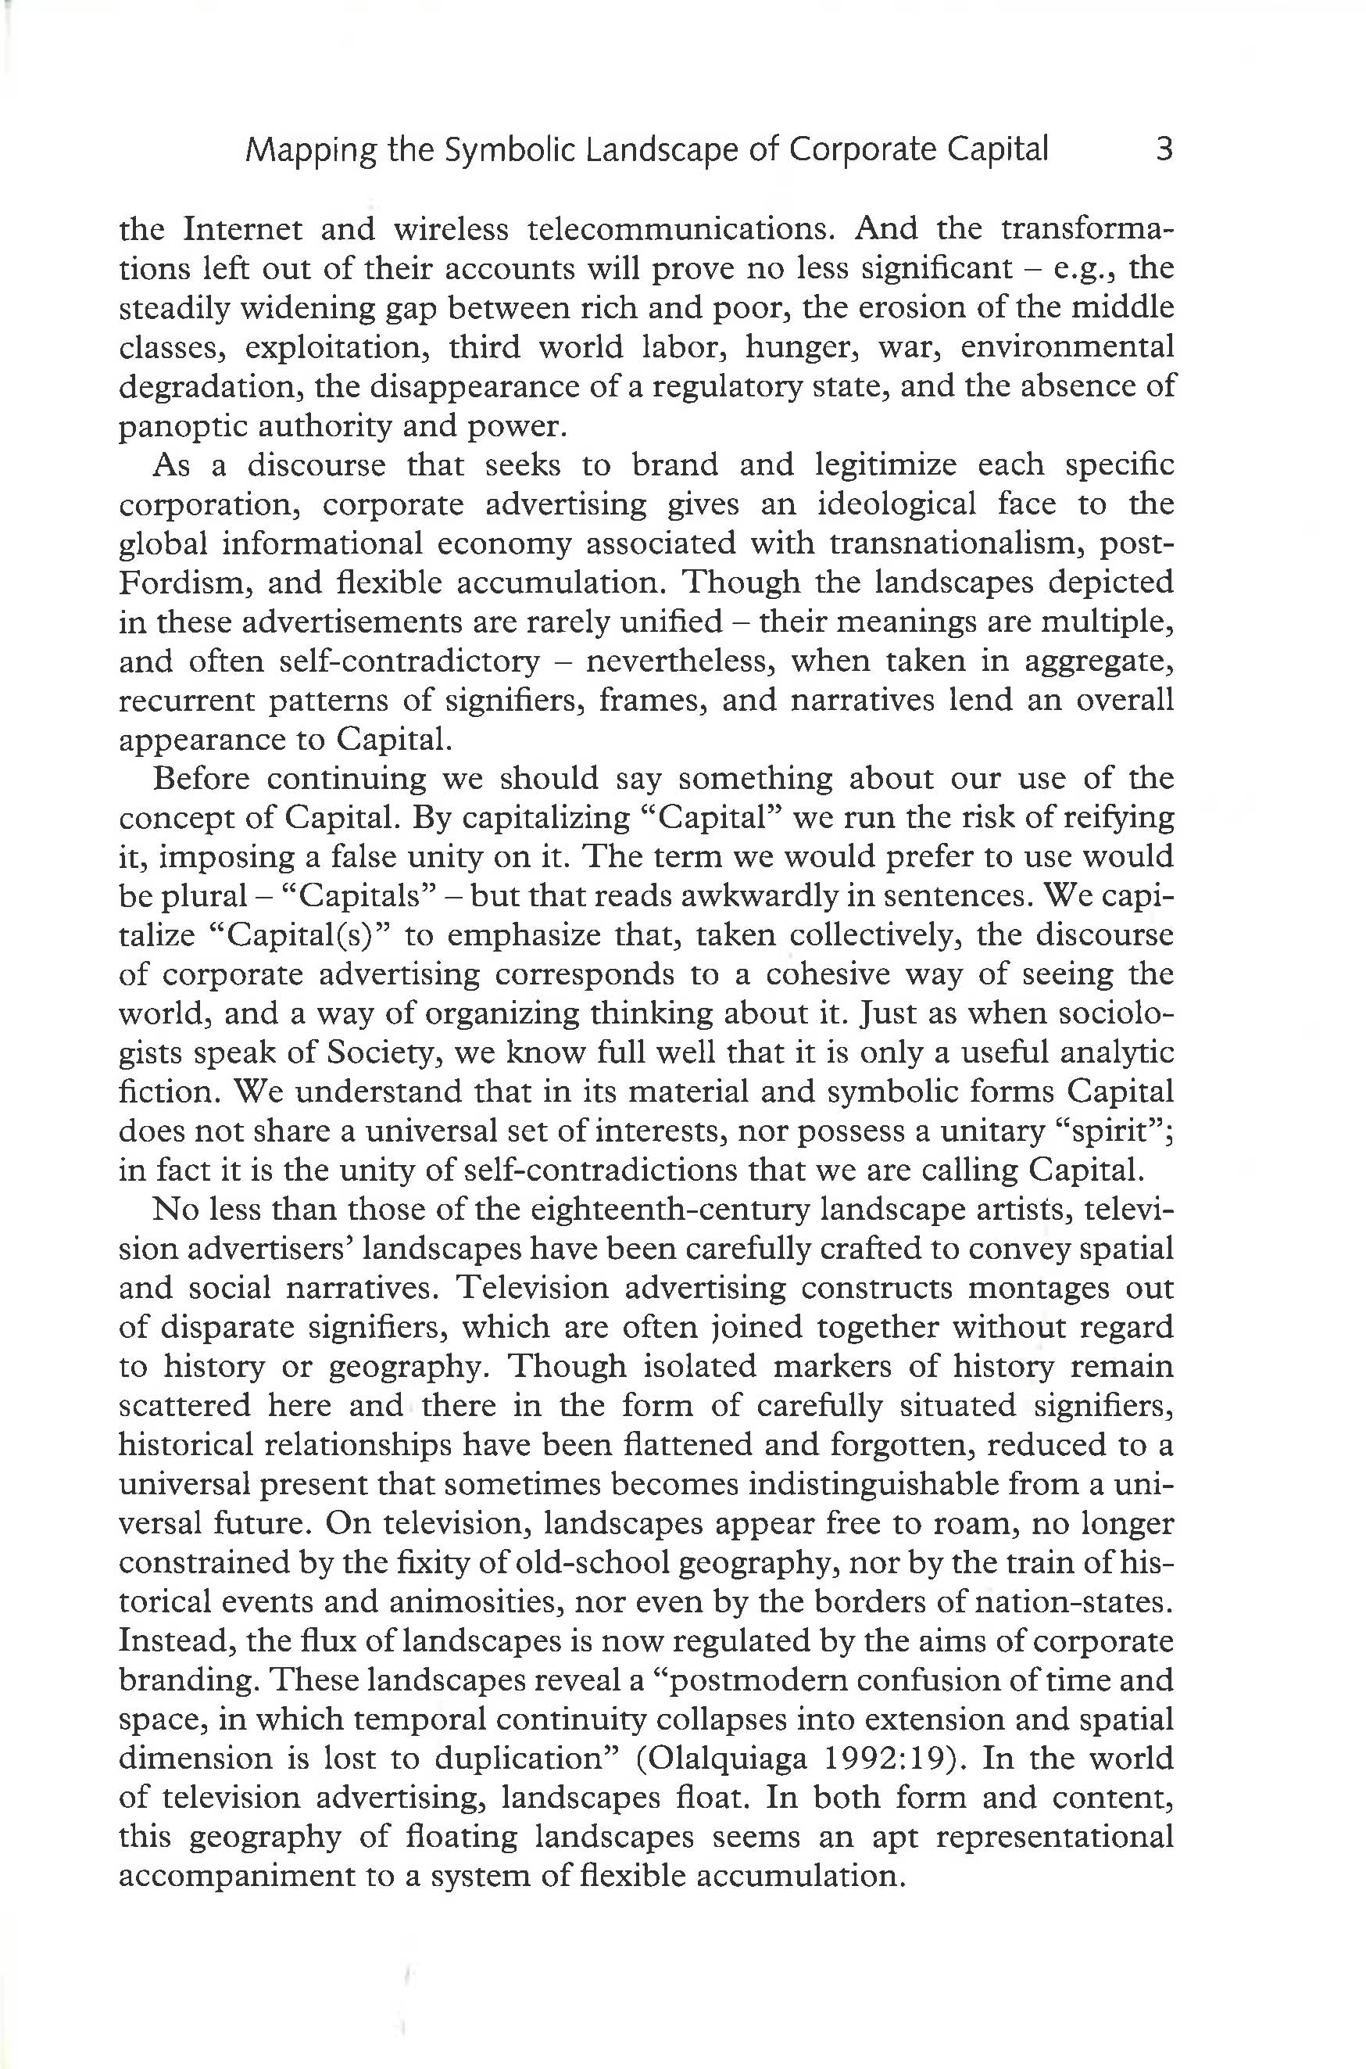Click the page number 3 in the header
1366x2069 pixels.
1164,150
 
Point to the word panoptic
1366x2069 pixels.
176,426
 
